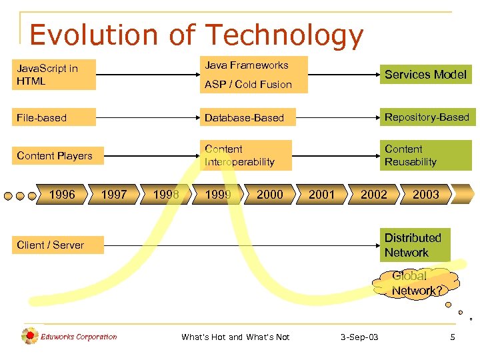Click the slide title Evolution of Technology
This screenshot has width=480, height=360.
197,35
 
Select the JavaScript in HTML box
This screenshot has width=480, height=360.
55,75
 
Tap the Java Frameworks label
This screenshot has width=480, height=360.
247,65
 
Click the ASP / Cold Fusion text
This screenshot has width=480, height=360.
248,84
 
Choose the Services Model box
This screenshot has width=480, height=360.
425,75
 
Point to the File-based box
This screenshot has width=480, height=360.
55,118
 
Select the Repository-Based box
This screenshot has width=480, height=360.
427,117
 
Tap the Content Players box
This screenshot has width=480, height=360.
55,156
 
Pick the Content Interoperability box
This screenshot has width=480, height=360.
246,155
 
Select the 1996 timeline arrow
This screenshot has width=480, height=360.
62,195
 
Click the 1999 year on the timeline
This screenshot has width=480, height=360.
218,195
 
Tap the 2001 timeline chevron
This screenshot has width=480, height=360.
322,195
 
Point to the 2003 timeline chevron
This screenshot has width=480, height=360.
425,195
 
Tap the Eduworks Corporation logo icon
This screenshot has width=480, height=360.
30,336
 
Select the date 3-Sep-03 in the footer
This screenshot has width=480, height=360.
359,337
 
